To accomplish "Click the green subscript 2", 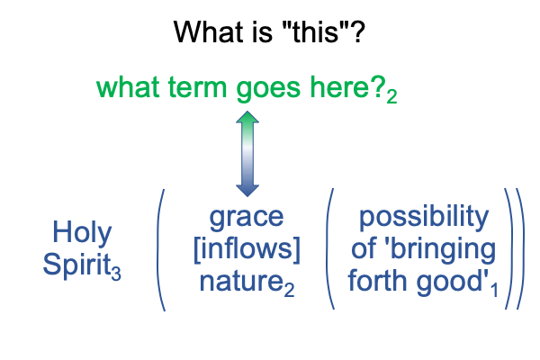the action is pos(391,96).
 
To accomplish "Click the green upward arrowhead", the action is pos(247,117).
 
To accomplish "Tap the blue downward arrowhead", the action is pos(247,191).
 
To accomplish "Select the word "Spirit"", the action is pos(76,265).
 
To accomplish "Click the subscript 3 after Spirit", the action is pos(116,274).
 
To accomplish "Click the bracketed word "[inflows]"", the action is pos(247,249).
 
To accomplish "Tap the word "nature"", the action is pos(242,281).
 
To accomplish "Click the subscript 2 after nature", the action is pos(289,290).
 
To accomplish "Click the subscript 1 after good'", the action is pos(495,290).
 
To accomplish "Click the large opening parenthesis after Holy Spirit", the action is pos(158,249).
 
